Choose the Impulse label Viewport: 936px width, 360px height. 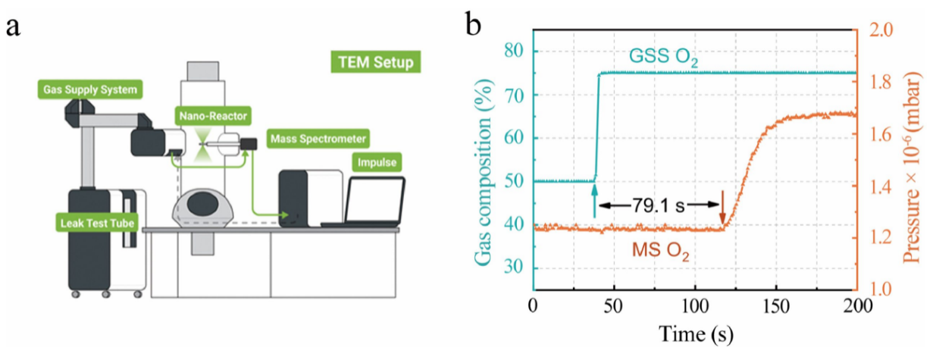[377, 161]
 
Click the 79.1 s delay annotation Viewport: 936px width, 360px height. [659, 204]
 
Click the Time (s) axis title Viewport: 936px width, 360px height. [695, 333]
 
